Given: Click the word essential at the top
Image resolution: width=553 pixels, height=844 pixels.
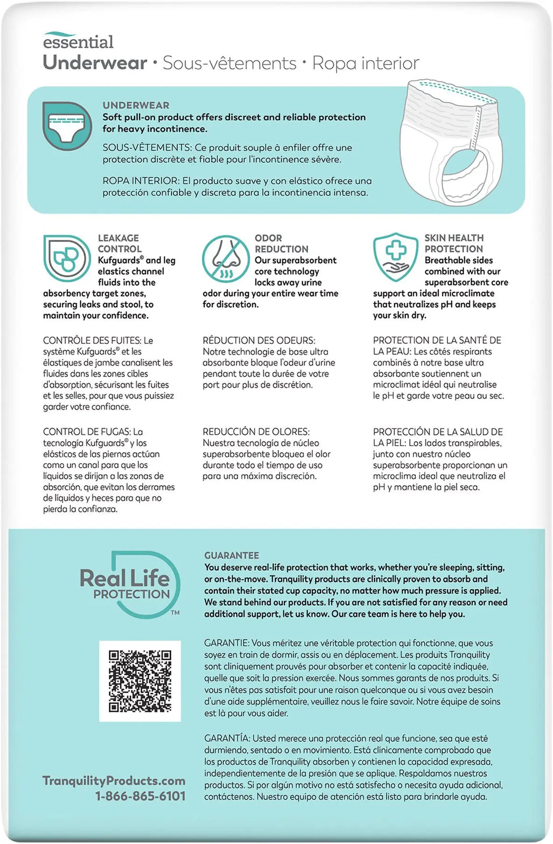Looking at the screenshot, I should pyautogui.click(x=78, y=42).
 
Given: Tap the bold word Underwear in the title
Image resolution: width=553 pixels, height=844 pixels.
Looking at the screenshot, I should pyautogui.click(x=95, y=63).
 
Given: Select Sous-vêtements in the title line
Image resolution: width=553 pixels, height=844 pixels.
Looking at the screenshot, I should pyautogui.click(x=230, y=63).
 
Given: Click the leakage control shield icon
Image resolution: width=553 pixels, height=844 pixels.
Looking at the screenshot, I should pyautogui.click(x=66, y=258).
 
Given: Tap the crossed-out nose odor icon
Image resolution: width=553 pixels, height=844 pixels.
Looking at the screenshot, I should pyautogui.click(x=226, y=258).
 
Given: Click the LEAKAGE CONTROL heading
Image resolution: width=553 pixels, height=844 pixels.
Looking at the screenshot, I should pyautogui.click(x=119, y=243).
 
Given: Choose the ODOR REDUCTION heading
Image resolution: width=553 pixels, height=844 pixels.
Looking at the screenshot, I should pyautogui.click(x=281, y=243).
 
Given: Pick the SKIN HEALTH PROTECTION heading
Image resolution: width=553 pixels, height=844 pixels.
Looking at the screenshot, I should pyautogui.click(x=454, y=243).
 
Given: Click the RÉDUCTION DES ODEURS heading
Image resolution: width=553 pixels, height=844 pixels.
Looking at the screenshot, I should pyautogui.click(x=259, y=341).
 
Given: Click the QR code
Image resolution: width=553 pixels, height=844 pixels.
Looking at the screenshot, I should pyautogui.click(x=140, y=681).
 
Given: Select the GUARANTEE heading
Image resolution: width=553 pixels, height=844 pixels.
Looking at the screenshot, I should pyautogui.click(x=232, y=555).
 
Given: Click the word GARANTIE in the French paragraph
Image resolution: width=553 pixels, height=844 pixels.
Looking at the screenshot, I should pyautogui.click(x=226, y=643).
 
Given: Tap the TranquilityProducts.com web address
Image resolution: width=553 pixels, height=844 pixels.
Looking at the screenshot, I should pyautogui.click(x=114, y=781).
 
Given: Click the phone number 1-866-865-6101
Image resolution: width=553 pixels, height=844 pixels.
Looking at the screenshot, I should pyautogui.click(x=140, y=796).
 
